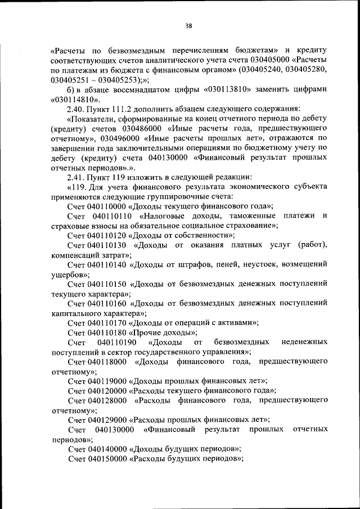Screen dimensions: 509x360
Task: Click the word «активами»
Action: [x=236, y=322]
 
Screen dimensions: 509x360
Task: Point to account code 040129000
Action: [x=107, y=420]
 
